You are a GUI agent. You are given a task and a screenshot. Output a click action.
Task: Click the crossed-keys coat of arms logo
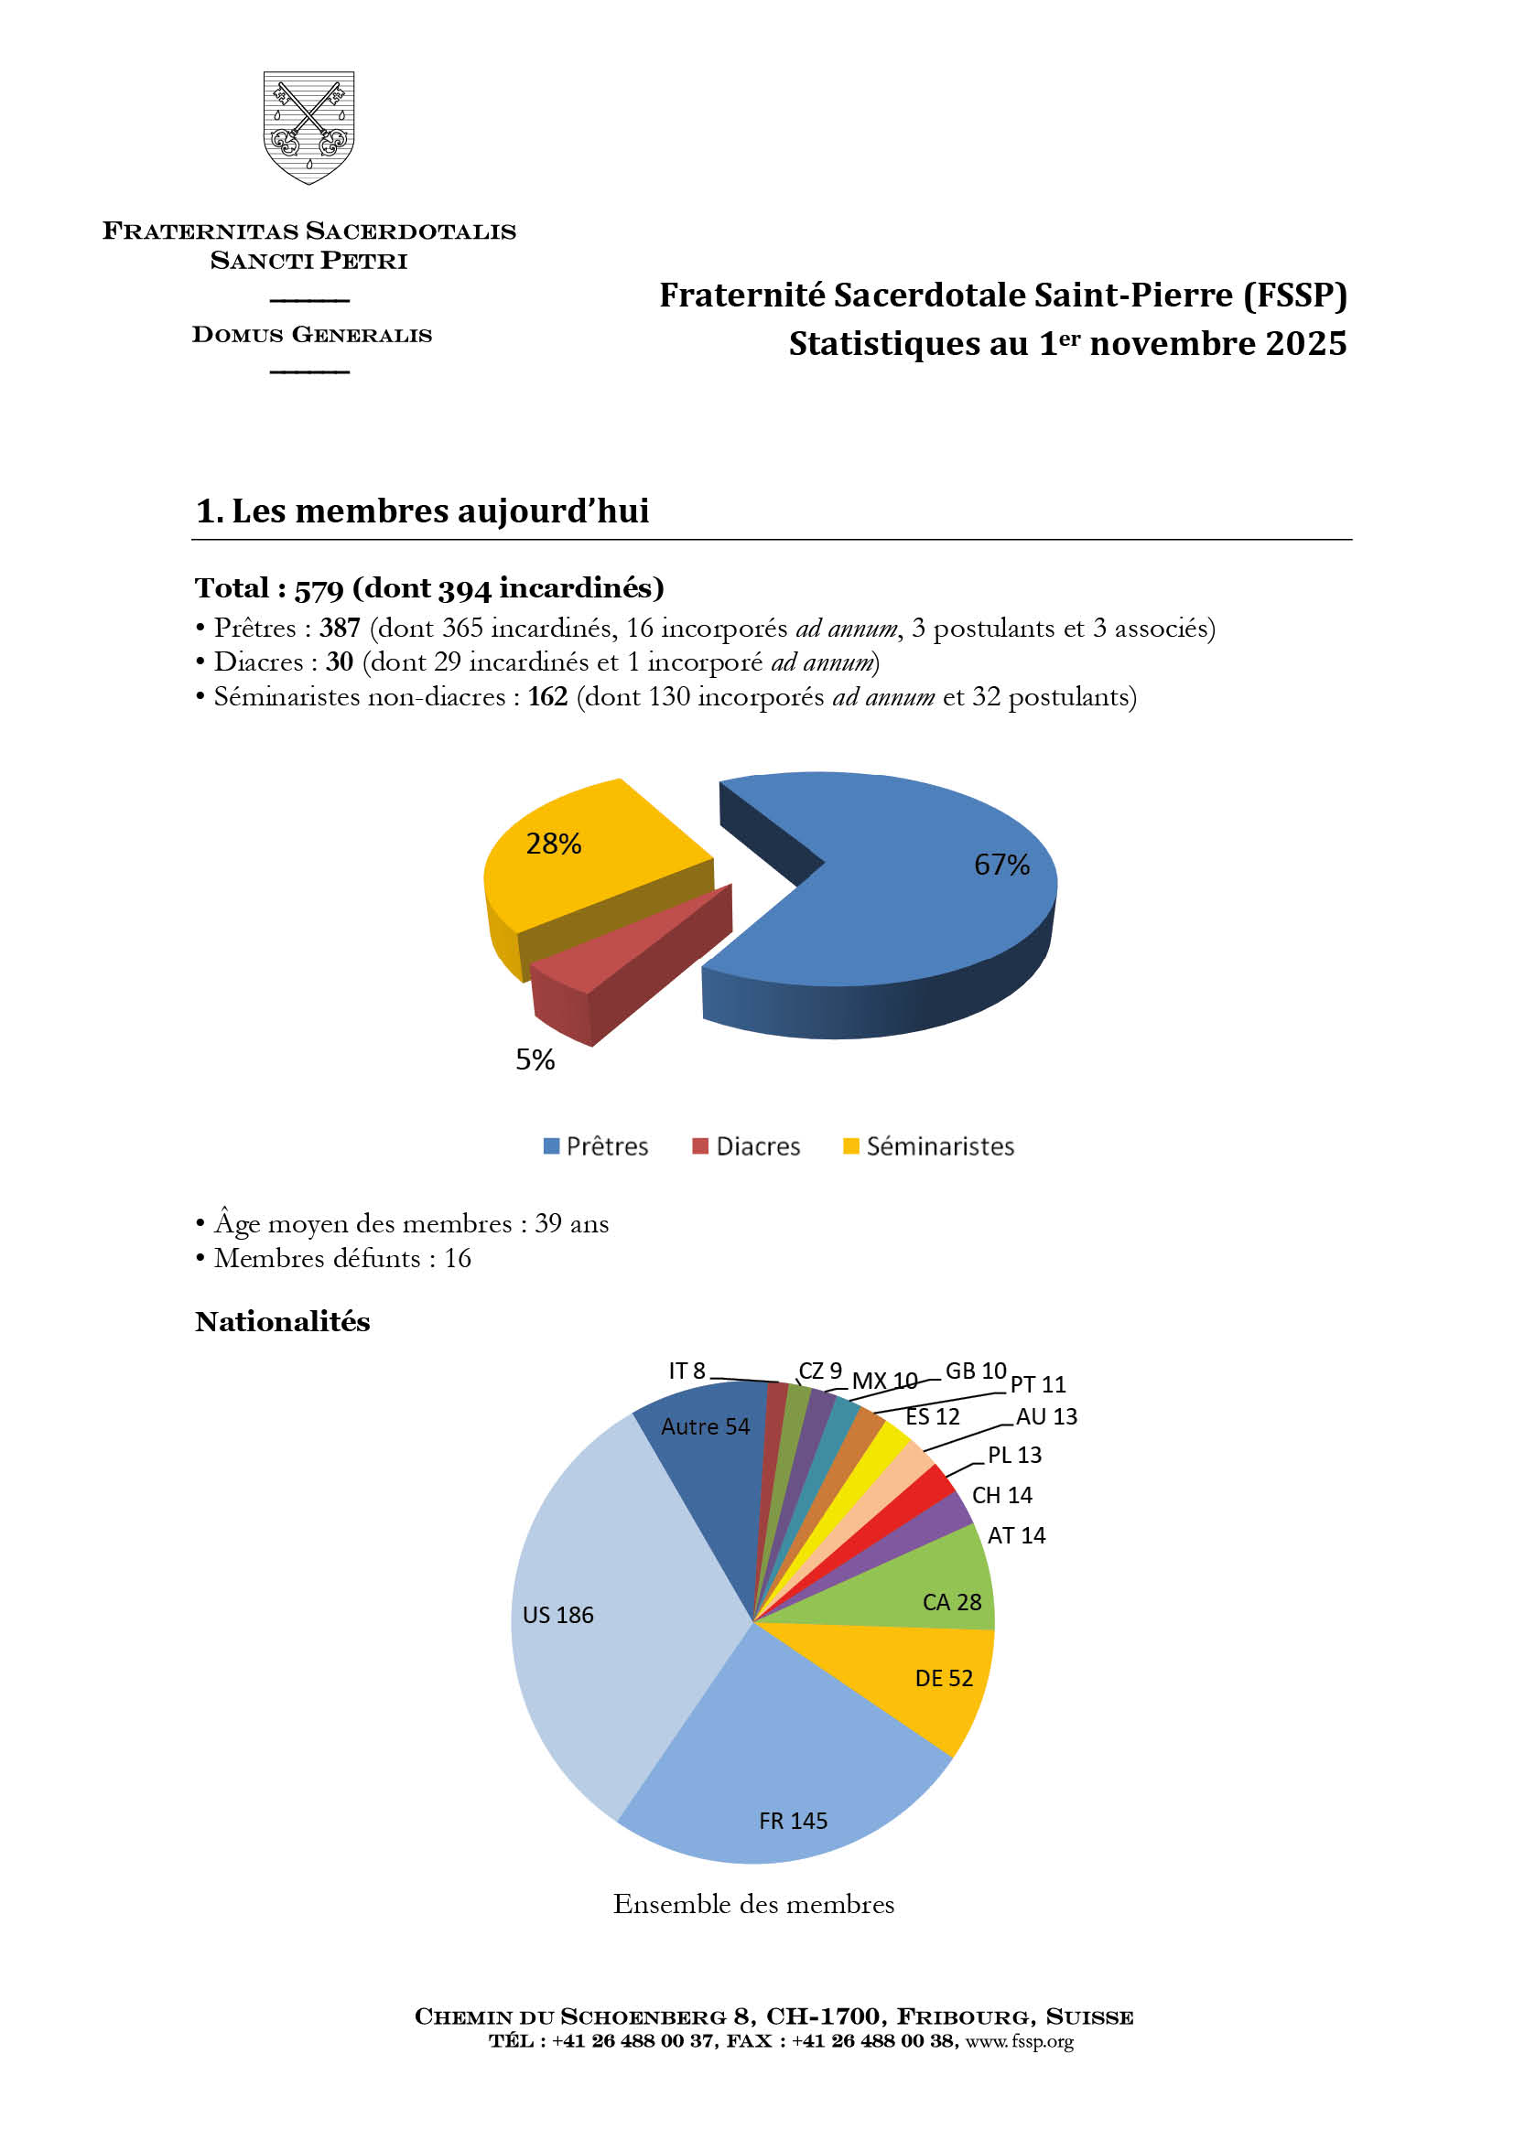click(308, 127)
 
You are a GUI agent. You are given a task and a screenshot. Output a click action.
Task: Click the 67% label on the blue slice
click(1001, 865)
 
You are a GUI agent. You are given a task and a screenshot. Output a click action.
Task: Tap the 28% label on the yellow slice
click(553, 844)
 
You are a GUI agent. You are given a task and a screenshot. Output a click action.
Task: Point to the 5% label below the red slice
click(535, 1059)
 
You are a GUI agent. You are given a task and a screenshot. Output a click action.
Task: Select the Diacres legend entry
click(747, 1146)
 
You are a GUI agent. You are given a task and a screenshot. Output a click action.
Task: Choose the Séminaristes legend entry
click(928, 1146)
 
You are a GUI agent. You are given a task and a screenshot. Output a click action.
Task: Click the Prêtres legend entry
click(597, 1146)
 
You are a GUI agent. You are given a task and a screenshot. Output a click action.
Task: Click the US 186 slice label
click(557, 1615)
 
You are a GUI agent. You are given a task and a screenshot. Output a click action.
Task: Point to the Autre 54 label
click(705, 1427)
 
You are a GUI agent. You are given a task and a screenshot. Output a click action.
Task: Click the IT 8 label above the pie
click(687, 1371)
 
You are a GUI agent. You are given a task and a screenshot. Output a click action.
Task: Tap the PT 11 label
click(1038, 1384)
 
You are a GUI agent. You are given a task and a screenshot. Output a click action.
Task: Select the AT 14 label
click(1016, 1535)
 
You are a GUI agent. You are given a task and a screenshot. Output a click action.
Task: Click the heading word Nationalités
click(283, 1322)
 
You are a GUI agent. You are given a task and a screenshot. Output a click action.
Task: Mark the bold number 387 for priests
click(340, 629)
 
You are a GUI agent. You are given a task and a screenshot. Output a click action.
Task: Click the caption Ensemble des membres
click(753, 1904)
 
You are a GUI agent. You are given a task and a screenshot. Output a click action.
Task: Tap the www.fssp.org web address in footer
click(1019, 2041)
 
